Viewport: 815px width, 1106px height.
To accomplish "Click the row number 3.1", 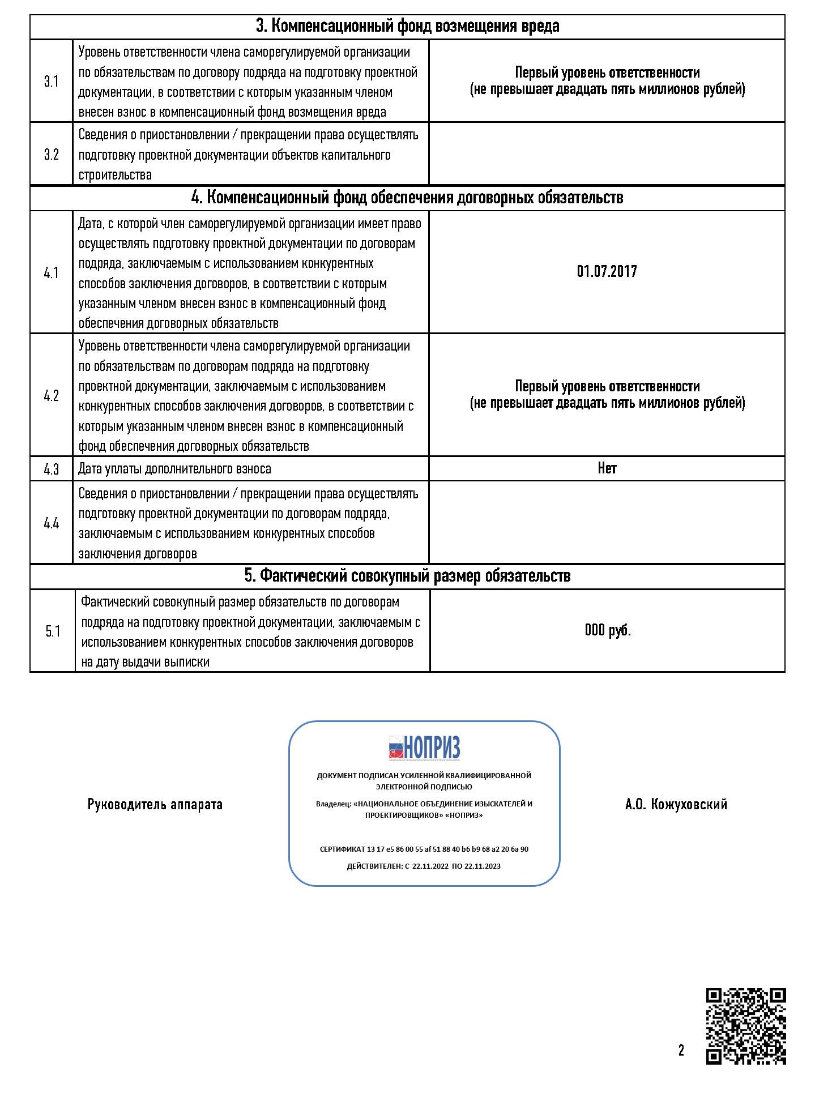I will [52, 82].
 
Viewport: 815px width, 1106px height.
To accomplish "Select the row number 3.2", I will [52, 155].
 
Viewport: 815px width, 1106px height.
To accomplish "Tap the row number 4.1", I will [52, 273].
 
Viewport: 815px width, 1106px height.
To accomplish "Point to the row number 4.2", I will [52, 396].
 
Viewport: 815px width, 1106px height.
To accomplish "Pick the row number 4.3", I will [52, 469].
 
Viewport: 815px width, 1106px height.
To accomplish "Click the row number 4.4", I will [52, 523].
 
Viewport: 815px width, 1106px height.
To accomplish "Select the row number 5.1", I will [53, 631].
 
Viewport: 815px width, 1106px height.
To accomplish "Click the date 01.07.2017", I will [607, 272].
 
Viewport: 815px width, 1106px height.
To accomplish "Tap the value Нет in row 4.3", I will [607, 468].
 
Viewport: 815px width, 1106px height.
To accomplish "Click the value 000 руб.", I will [607, 630].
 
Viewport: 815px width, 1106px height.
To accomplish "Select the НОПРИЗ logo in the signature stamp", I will [424, 748].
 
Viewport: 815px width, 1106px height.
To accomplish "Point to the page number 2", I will [681, 1051].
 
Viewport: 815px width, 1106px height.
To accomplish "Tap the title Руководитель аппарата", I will [155, 804].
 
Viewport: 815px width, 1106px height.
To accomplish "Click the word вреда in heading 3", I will [541, 26].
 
